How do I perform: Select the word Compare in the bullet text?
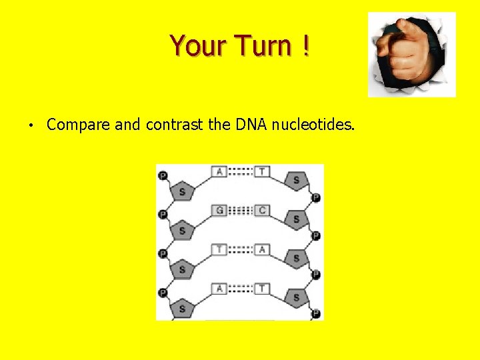pos(79,125)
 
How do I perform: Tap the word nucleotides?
pos(313,124)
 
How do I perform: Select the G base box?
pos(219,211)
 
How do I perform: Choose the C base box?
pos(262,211)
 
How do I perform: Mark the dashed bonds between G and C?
pos(241,211)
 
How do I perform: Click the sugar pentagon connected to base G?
pos(182,231)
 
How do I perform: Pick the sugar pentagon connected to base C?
pos(296,219)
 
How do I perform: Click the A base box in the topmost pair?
pos(219,172)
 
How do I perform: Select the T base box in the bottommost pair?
pos(262,288)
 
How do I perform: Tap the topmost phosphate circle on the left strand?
pos(162,176)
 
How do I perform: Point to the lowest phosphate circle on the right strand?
pos(316,313)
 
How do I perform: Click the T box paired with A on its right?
pos(219,249)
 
